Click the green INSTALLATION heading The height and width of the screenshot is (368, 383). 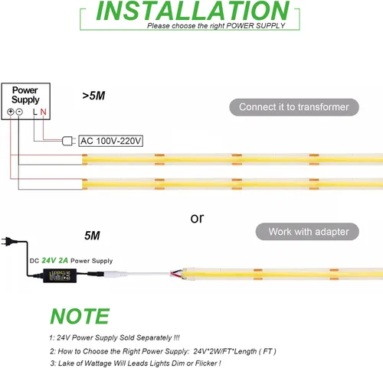(x=193, y=11)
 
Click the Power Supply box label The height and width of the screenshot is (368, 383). (x=25, y=95)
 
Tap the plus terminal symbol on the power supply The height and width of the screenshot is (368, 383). (x=10, y=112)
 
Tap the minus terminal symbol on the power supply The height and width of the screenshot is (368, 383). (x=19, y=112)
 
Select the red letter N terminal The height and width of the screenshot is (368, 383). (x=43, y=112)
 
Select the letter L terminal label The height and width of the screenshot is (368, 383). (x=35, y=112)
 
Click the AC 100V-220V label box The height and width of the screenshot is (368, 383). (x=110, y=141)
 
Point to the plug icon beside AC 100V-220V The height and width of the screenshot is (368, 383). (x=69, y=141)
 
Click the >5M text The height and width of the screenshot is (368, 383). (x=93, y=96)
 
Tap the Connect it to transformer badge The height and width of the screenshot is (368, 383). (x=294, y=107)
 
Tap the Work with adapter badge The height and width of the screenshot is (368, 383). (x=307, y=232)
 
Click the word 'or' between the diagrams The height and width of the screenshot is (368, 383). (x=197, y=219)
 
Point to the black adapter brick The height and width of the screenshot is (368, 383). (x=60, y=275)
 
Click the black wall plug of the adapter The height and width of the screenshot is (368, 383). (x=8, y=241)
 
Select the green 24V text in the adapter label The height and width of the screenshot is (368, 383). (x=49, y=260)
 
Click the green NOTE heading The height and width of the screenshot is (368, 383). (x=80, y=316)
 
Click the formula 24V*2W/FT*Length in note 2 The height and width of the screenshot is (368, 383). (x=225, y=351)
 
